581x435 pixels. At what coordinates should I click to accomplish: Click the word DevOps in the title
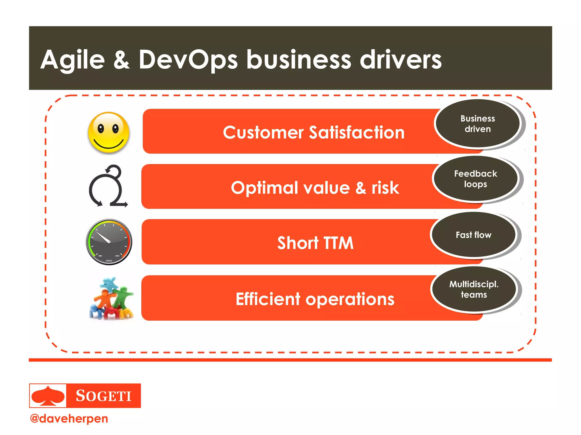click(x=188, y=60)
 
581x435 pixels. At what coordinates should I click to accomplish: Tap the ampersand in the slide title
click(x=121, y=60)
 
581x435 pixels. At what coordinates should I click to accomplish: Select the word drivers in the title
click(x=401, y=60)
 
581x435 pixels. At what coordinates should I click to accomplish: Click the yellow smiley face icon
click(x=109, y=133)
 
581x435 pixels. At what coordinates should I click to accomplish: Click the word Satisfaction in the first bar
click(x=357, y=133)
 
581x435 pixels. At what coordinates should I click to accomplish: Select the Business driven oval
click(x=477, y=124)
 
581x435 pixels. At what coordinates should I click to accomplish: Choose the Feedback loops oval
click(x=475, y=179)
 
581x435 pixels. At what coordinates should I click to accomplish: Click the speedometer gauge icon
click(x=109, y=242)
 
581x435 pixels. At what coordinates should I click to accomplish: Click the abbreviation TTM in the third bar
click(x=338, y=243)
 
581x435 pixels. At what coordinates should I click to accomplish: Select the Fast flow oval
click(x=473, y=235)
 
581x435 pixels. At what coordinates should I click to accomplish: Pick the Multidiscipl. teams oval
click(x=473, y=289)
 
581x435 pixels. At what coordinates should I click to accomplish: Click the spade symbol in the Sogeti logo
click(x=48, y=396)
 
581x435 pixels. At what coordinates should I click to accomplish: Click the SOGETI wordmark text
click(x=104, y=396)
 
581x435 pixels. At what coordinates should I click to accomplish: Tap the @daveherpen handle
click(x=69, y=419)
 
